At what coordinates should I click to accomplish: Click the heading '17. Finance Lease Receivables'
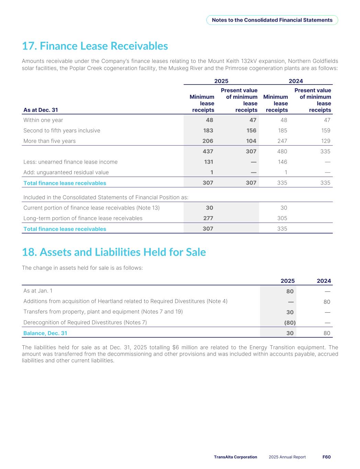95,46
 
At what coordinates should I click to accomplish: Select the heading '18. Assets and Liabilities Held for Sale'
114,252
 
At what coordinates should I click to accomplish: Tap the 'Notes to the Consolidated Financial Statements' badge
272,20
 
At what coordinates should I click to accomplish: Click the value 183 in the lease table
208,131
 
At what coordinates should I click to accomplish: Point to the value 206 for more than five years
208,141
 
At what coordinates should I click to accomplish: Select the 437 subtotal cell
208,152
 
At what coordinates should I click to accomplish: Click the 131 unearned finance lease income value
209,162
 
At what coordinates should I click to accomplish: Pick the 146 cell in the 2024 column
282,162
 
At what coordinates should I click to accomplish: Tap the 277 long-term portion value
208,218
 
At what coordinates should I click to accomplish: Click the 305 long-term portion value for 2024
282,218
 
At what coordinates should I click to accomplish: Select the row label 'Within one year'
43,120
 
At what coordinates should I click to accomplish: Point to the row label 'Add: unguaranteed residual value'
66,172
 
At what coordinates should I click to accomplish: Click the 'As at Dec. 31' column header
41,110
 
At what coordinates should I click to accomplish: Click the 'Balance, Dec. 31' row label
45,333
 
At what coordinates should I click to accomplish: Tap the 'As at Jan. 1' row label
38,291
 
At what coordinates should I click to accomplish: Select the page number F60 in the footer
326,457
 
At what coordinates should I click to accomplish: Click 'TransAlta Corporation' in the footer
235,457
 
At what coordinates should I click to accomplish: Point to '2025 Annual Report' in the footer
287,457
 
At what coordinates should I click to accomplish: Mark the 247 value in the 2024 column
282,141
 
